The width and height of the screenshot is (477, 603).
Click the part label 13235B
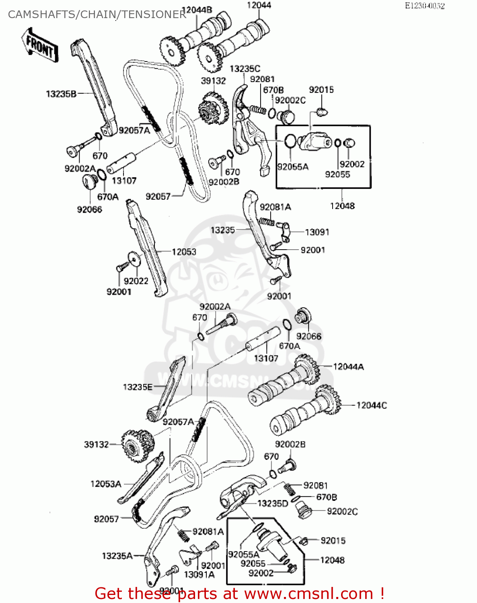[61, 94]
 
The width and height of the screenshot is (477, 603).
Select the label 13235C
[245, 69]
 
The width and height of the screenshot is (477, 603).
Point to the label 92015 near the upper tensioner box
[321, 90]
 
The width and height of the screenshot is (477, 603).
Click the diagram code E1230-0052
[424, 6]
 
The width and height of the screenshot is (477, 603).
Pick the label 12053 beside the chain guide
[184, 252]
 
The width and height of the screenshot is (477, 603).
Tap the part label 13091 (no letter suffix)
[317, 232]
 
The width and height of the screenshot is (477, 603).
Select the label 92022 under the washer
[136, 281]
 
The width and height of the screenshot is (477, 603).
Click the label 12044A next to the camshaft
[348, 367]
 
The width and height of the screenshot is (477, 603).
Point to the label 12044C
[371, 405]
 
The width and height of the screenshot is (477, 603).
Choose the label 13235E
[138, 387]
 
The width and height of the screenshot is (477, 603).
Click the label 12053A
[106, 484]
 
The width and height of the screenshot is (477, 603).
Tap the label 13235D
[273, 503]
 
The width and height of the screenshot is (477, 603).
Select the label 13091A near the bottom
[199, 574]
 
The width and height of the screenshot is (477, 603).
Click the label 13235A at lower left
[117, 556]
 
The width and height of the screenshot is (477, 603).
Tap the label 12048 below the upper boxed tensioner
[342, 206]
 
